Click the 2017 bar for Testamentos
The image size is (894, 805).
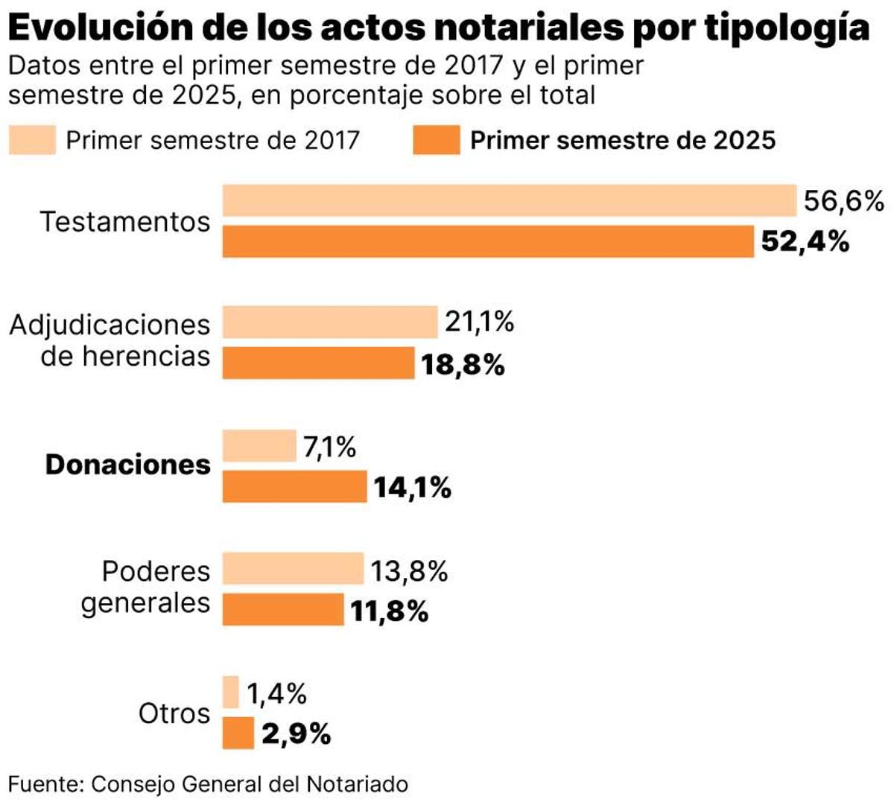pos(510,201)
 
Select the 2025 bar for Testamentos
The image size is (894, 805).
pos(488,242)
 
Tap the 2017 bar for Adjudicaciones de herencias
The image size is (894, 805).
pos(330,322)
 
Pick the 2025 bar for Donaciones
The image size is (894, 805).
pos(294,487)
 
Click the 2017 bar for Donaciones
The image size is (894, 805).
pos(259,446)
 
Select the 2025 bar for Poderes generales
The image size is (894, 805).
pos(283,610)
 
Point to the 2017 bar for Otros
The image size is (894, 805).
pos(231,693)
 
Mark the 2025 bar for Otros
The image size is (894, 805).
pos(238,734)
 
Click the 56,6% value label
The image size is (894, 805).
pos(843,201)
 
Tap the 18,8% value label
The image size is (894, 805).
pos(463,365)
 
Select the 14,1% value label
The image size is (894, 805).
pos(412,488)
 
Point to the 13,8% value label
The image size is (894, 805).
pos(409,571)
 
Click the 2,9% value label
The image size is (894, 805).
pos(296,734)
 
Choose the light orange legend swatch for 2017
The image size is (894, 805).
pos(32,140)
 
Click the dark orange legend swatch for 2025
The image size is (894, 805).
pos(437,140)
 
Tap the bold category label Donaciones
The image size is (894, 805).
pos(128,465)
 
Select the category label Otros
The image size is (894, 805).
pos(174,713)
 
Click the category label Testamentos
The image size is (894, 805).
pos(125,222)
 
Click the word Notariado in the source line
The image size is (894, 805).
pos(357,784)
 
